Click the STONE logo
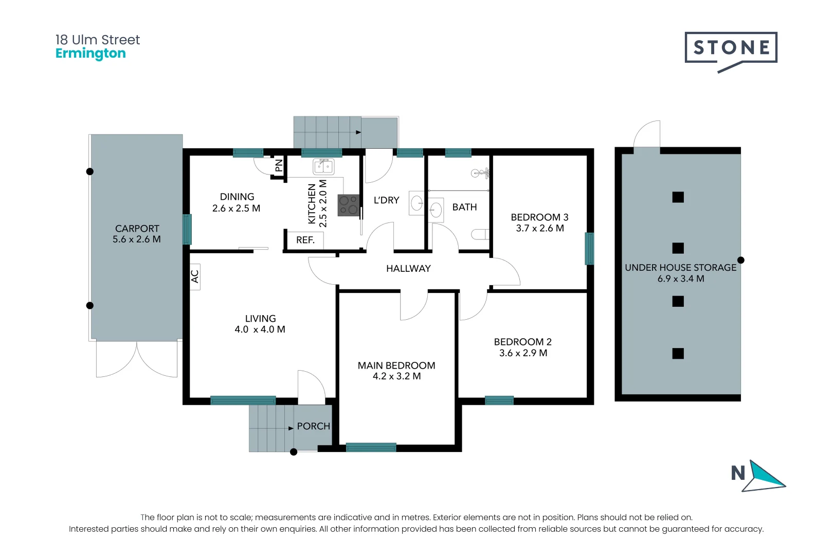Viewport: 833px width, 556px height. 731,48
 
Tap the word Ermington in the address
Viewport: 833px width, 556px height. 90,54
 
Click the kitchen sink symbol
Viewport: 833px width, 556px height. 323,166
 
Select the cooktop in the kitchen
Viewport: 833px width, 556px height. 348,205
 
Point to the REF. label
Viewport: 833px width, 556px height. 305,240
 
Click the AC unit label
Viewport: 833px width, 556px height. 195,276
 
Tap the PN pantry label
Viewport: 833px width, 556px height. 279,165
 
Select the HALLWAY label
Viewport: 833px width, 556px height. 408,268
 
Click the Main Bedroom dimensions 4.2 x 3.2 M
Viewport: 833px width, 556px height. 396,376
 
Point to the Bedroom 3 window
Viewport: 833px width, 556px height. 589,249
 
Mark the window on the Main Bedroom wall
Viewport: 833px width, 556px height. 371,447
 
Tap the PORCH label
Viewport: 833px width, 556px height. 313,426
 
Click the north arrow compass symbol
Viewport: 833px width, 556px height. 765,476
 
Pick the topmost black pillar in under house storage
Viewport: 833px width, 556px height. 678,197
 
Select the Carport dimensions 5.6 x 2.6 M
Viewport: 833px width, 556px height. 137,239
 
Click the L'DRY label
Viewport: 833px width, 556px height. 386,200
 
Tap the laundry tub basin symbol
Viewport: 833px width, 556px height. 417,202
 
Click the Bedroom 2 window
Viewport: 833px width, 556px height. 499,400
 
